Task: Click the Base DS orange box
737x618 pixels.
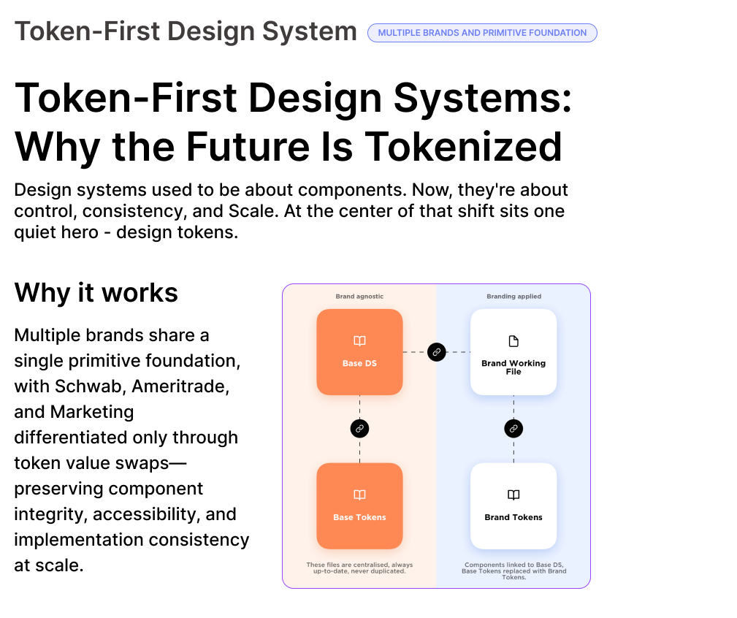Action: (x=359, y=352)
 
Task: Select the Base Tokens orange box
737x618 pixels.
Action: (x=359, y=506)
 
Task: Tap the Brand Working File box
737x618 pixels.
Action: (x=513, y=352)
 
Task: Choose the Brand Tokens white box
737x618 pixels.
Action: (x=513, y=506)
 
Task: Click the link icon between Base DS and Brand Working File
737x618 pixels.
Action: (x=437, y=352)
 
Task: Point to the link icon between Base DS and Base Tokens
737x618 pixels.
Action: (x=359, y=429)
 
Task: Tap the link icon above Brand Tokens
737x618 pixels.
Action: (x=513, y=429)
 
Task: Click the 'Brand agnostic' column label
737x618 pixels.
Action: (x=359, y=297)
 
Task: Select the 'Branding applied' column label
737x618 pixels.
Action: (x=513, y=297)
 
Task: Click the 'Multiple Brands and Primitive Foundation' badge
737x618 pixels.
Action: (x=482, y=33)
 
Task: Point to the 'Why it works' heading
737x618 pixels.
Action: (x=96, y=293)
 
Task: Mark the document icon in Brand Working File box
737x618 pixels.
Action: (x=513, y=341)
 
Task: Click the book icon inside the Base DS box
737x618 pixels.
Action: (x=359, y=341)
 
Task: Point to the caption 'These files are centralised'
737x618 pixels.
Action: (x=359, y=568)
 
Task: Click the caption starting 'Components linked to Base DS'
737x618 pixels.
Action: (x=513, y=571)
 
